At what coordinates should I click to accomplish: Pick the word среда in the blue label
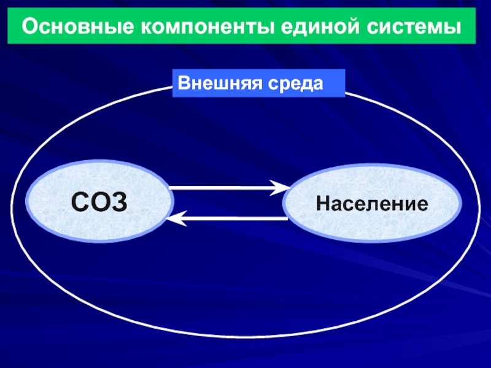(294, 82)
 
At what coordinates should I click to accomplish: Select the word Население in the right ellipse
(372, 203)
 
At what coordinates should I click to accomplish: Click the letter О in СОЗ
(99, 201)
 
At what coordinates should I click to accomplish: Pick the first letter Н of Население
(323, 203)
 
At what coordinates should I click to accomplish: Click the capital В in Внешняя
(183, 82)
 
